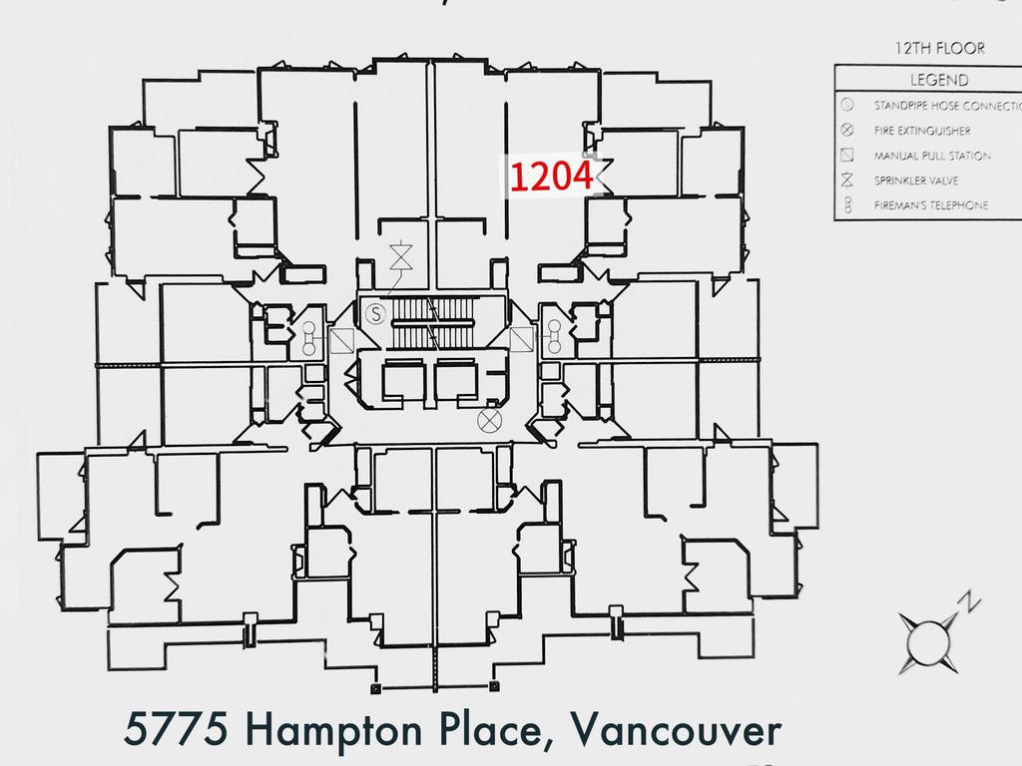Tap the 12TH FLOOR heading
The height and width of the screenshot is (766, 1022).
[x=939, y=48]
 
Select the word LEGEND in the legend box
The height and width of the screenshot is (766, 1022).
[x=938, y=80]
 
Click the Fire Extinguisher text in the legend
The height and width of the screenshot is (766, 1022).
[x=922, y=130]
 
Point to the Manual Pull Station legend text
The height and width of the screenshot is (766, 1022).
[x=932, y=156]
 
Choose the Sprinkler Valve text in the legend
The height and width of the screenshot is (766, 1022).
[x=919, y=181]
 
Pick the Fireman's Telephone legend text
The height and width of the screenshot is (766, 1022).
[x=931, y=205]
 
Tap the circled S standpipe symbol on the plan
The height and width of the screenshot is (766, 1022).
[x=375, y=314]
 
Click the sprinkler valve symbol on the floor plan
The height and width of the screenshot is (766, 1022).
[x=402, y=256]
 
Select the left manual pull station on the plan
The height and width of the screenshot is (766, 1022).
[x=342, y=341]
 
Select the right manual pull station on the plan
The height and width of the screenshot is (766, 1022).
[x=521, y=341]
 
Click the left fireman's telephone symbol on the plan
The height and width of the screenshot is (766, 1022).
[x=308, y=340]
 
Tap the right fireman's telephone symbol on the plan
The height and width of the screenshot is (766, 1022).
[x=553, y=340]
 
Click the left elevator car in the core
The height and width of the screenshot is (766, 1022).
[x=403, y=380]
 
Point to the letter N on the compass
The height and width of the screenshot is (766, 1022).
[x=967, y=601]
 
